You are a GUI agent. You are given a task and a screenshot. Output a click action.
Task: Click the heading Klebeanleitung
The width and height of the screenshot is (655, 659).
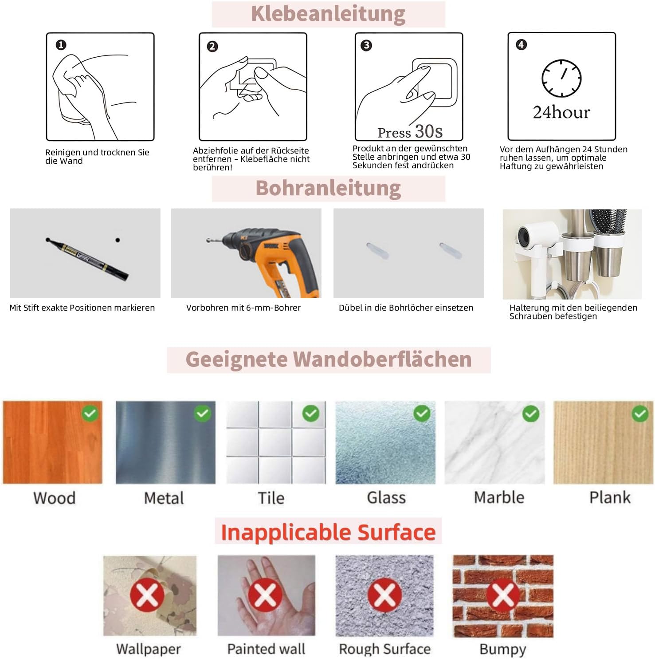pyautogui.click(x=328, y=14)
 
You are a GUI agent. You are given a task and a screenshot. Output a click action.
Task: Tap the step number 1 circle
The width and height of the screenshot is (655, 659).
pyautogui.click(x=61, y=45)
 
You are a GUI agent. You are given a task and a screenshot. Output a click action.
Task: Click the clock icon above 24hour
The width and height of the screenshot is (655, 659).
pyautogui.click(x=561, y=78)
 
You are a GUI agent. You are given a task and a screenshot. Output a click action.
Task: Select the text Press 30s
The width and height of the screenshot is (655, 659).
pyautogui.click(x=410, y=132)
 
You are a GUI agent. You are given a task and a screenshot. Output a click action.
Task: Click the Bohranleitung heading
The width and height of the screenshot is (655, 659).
pyautogui.click(x=328, y=188)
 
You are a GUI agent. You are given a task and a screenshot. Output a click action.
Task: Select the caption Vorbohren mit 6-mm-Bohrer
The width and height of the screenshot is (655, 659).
pyautogui.click(x=243, y=308)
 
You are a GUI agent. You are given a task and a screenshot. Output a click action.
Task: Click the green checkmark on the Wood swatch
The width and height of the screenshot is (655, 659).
pyautogui.click(x=90, y=414)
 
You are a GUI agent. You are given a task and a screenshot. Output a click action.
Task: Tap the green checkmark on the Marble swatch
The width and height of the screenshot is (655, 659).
pyautogui.click(x=531, y=414)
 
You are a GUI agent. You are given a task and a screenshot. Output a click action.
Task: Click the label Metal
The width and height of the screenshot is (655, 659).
pyautogui.click(x=164, y=498)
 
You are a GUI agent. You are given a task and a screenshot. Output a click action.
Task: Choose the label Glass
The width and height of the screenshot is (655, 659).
pyautogui.click(x=386, y=497)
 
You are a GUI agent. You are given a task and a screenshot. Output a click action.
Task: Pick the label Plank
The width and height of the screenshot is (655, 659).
pyautogui.click(x=610, y=497)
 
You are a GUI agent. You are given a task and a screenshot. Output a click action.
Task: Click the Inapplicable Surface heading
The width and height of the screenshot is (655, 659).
pyautogui.click(x=328, y=532)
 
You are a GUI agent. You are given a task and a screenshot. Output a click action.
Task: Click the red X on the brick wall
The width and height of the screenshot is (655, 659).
pyautogui.click(x=503, y=595)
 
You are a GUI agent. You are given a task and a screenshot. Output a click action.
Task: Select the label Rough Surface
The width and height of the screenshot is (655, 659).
pyautogui.click(x=385, y=649)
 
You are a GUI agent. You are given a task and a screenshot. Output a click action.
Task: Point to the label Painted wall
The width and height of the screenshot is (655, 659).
pyautogui.click(x=266, y=649)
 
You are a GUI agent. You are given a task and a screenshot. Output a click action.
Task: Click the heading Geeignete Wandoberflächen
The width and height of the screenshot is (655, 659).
pyautogui.click(x=329, y=359)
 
